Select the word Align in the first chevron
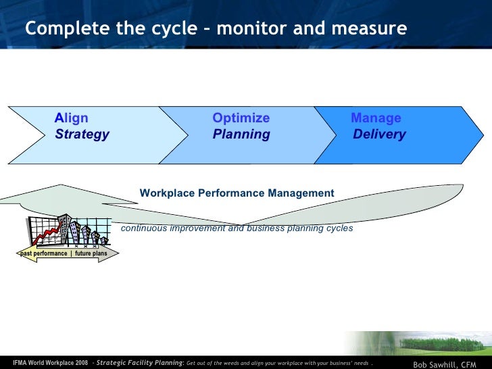72,118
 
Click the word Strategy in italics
82,134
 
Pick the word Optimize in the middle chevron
241,118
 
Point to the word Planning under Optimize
241,134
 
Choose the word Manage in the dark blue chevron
376,118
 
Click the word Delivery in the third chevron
379,134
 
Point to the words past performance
44,253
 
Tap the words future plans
91,253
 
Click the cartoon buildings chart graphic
67,232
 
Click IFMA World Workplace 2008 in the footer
51,362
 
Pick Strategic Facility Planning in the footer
139,362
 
